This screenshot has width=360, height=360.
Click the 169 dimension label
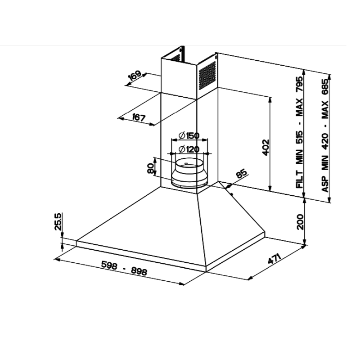tap(135, 76)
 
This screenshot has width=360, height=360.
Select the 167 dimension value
tap(139, 117)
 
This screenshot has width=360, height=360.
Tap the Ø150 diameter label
tap(189, 135)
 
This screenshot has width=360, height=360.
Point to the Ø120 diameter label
tap(189, 149)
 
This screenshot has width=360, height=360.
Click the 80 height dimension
tap(150, 168)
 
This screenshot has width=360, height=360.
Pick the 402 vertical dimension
tap(265, 148)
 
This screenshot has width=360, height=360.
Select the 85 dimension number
tap(242, 173)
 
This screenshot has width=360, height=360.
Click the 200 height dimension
tap(300, 222)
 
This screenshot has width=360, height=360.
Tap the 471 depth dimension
tap(274, 258)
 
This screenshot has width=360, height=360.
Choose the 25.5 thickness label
tap(58, 221)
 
